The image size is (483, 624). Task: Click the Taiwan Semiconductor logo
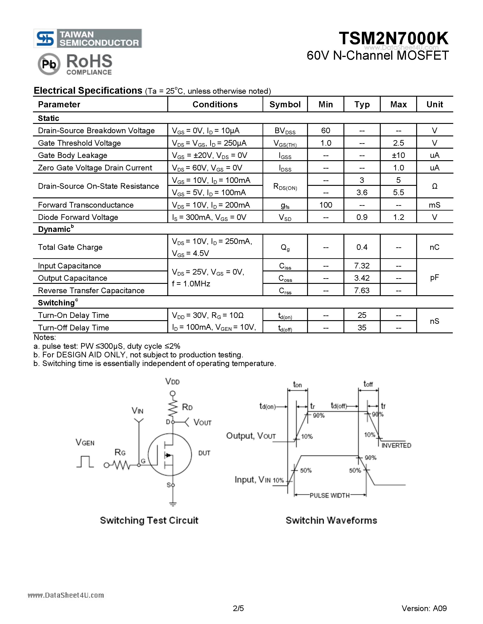88,38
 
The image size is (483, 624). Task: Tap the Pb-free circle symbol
49,64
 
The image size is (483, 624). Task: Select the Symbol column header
285,105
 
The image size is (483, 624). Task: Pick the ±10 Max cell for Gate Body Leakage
398,155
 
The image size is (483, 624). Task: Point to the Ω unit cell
434,186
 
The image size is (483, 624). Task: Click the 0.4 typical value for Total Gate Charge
362,247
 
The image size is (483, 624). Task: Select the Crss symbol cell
285,291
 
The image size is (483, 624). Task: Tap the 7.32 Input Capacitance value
362,266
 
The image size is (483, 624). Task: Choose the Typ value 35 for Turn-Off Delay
362,328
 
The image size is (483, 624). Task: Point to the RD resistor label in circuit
187,407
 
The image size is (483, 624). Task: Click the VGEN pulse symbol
85,462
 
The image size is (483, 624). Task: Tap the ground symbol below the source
173,504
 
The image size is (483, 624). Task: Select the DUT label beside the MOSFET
204,453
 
